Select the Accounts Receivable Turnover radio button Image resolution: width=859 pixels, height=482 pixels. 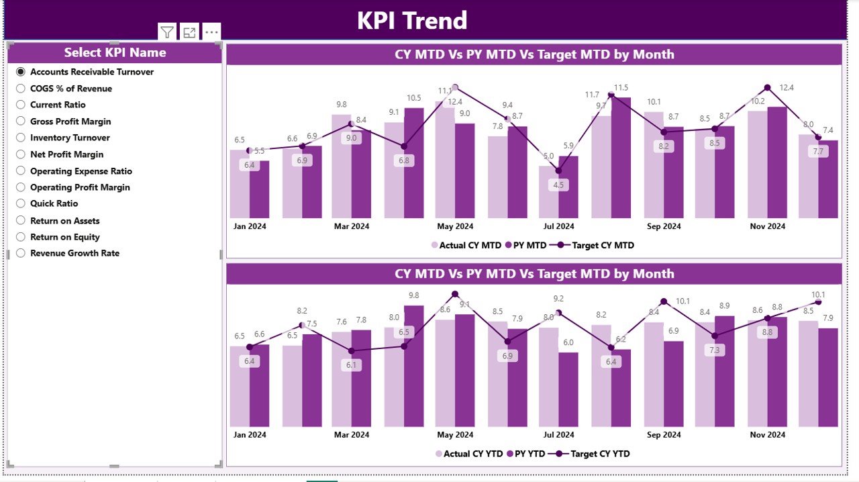21,72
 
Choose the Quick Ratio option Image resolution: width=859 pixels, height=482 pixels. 21,204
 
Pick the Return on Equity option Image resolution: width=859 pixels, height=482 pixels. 21,237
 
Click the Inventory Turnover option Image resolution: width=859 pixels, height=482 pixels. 21,138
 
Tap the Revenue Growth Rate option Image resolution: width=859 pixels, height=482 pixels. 21,253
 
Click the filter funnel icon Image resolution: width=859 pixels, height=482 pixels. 167,32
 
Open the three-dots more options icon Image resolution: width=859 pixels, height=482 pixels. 211,32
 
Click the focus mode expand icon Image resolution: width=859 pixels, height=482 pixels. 189,32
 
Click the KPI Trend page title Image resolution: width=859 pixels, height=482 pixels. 411,20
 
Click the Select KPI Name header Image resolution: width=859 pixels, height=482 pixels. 115,52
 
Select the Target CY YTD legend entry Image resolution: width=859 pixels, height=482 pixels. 599,454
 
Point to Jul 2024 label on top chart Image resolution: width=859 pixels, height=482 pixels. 558,227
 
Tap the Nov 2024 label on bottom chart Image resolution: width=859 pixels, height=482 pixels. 766,435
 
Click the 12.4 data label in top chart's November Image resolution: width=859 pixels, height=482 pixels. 787,88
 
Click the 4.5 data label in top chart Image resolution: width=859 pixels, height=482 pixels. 558,185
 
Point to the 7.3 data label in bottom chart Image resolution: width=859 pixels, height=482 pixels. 714,350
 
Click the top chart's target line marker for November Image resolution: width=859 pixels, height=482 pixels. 767,88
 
